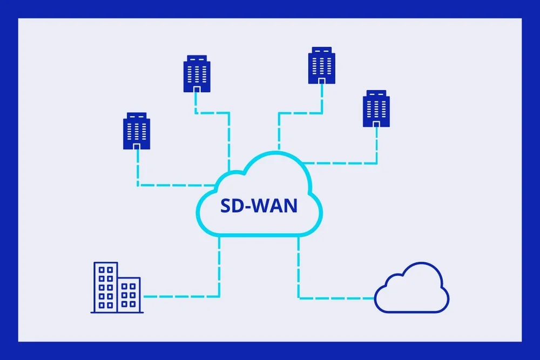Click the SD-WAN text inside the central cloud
point(259,206)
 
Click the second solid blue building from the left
point(197,73)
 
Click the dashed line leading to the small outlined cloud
point(335,297)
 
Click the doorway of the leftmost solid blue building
point(137,146)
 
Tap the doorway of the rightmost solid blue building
point(376,124)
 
